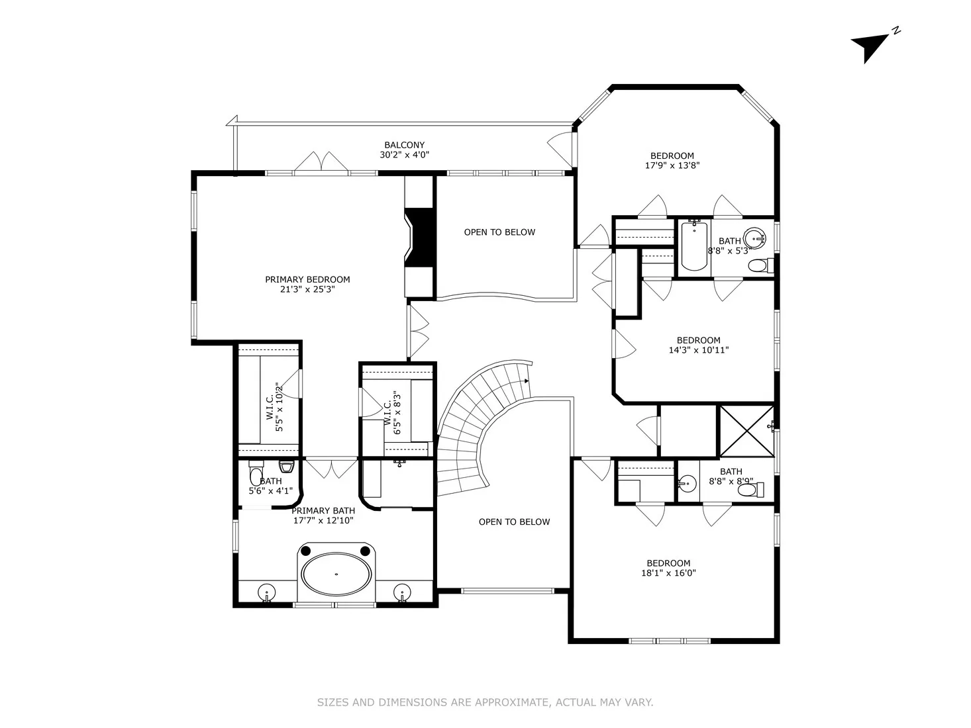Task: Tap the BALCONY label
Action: pos(404,145)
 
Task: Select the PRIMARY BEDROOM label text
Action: pos(307,279)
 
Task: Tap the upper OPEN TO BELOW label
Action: pos(499,232)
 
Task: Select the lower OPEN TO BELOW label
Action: pos(514,522)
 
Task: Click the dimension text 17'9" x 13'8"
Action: pos(672,165)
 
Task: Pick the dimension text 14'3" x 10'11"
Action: pos(698,350)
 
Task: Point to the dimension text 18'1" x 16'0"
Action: pos(668,573)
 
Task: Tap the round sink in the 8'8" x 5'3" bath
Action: pos(754,237)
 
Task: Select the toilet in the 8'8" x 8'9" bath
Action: pos(750,490)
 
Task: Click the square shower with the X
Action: pos(746,431)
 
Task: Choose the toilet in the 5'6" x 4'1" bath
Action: pos(256,475)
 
